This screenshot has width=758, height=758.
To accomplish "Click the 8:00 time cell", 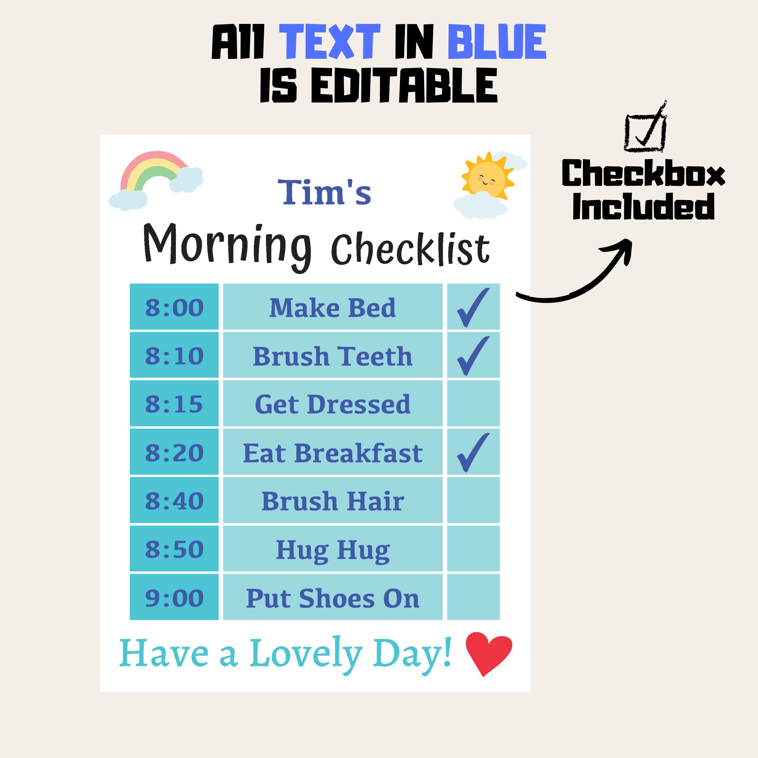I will tap(174, 307).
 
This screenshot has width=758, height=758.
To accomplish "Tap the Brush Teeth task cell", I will tap(333, 356).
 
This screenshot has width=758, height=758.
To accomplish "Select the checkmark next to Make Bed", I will tap(473, 307).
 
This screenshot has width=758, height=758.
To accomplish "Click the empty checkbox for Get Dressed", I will tap(473, 404).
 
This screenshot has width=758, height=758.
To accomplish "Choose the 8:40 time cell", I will tap(174, 501).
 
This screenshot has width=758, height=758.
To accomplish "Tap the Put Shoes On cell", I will tap(333, 598).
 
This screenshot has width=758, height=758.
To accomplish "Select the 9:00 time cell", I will tap(174, 598).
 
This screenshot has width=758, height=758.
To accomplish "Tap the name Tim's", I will tap(324, 192).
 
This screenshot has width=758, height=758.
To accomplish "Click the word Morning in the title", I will tap(228, 245).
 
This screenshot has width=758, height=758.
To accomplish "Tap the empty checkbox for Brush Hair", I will tap(473, 501).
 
